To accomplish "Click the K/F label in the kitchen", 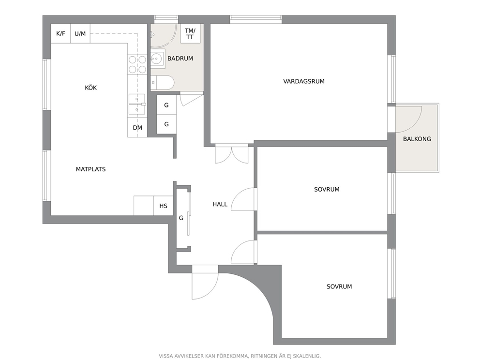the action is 60,33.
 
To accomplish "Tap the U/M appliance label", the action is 80,33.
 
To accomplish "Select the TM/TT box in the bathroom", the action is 190,34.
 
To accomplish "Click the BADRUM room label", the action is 180,58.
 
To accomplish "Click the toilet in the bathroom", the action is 163,83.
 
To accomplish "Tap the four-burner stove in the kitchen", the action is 137,64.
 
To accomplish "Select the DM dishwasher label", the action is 137,128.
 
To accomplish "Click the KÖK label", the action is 90,88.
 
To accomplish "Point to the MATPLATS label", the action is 90,169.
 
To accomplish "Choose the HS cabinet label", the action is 163,206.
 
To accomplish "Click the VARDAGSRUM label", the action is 304,81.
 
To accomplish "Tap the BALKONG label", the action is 417,139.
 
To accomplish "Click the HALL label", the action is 220,204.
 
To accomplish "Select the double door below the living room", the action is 232,154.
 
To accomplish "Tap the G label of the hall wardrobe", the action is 181,218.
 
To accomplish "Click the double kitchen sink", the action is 137,104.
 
